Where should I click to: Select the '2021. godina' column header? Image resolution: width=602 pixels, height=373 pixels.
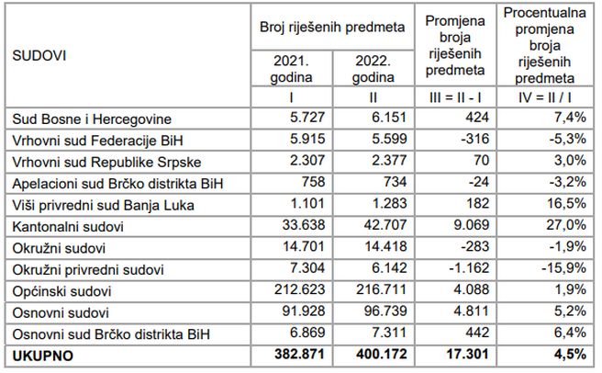click(x=285, y=68)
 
